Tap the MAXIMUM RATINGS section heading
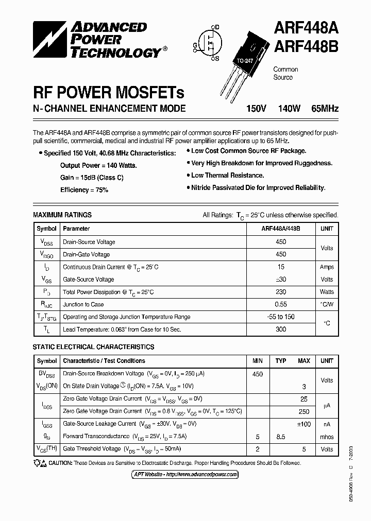click(62, 215)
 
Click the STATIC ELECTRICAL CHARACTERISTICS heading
click(93, 347)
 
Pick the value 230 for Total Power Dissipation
click(281, 292)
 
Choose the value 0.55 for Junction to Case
click(281, 305)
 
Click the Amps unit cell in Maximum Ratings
click(327, 267)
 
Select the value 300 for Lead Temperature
click(281, 329)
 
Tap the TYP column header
click(281, 361)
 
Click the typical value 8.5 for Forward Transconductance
click(281, 437)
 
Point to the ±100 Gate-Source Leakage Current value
click(303, 424)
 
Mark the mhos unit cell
click(327, 437)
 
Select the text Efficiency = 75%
click(84, 190)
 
